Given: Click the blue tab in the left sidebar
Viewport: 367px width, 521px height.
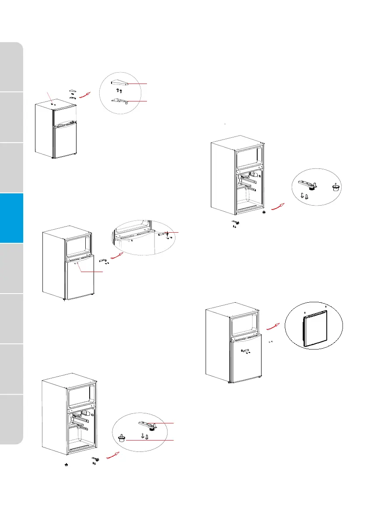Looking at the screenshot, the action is pyautogui.click(x=11, y=218).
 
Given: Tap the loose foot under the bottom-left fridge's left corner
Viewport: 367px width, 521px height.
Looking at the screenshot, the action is pyautogui.click(x=65, y=465).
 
